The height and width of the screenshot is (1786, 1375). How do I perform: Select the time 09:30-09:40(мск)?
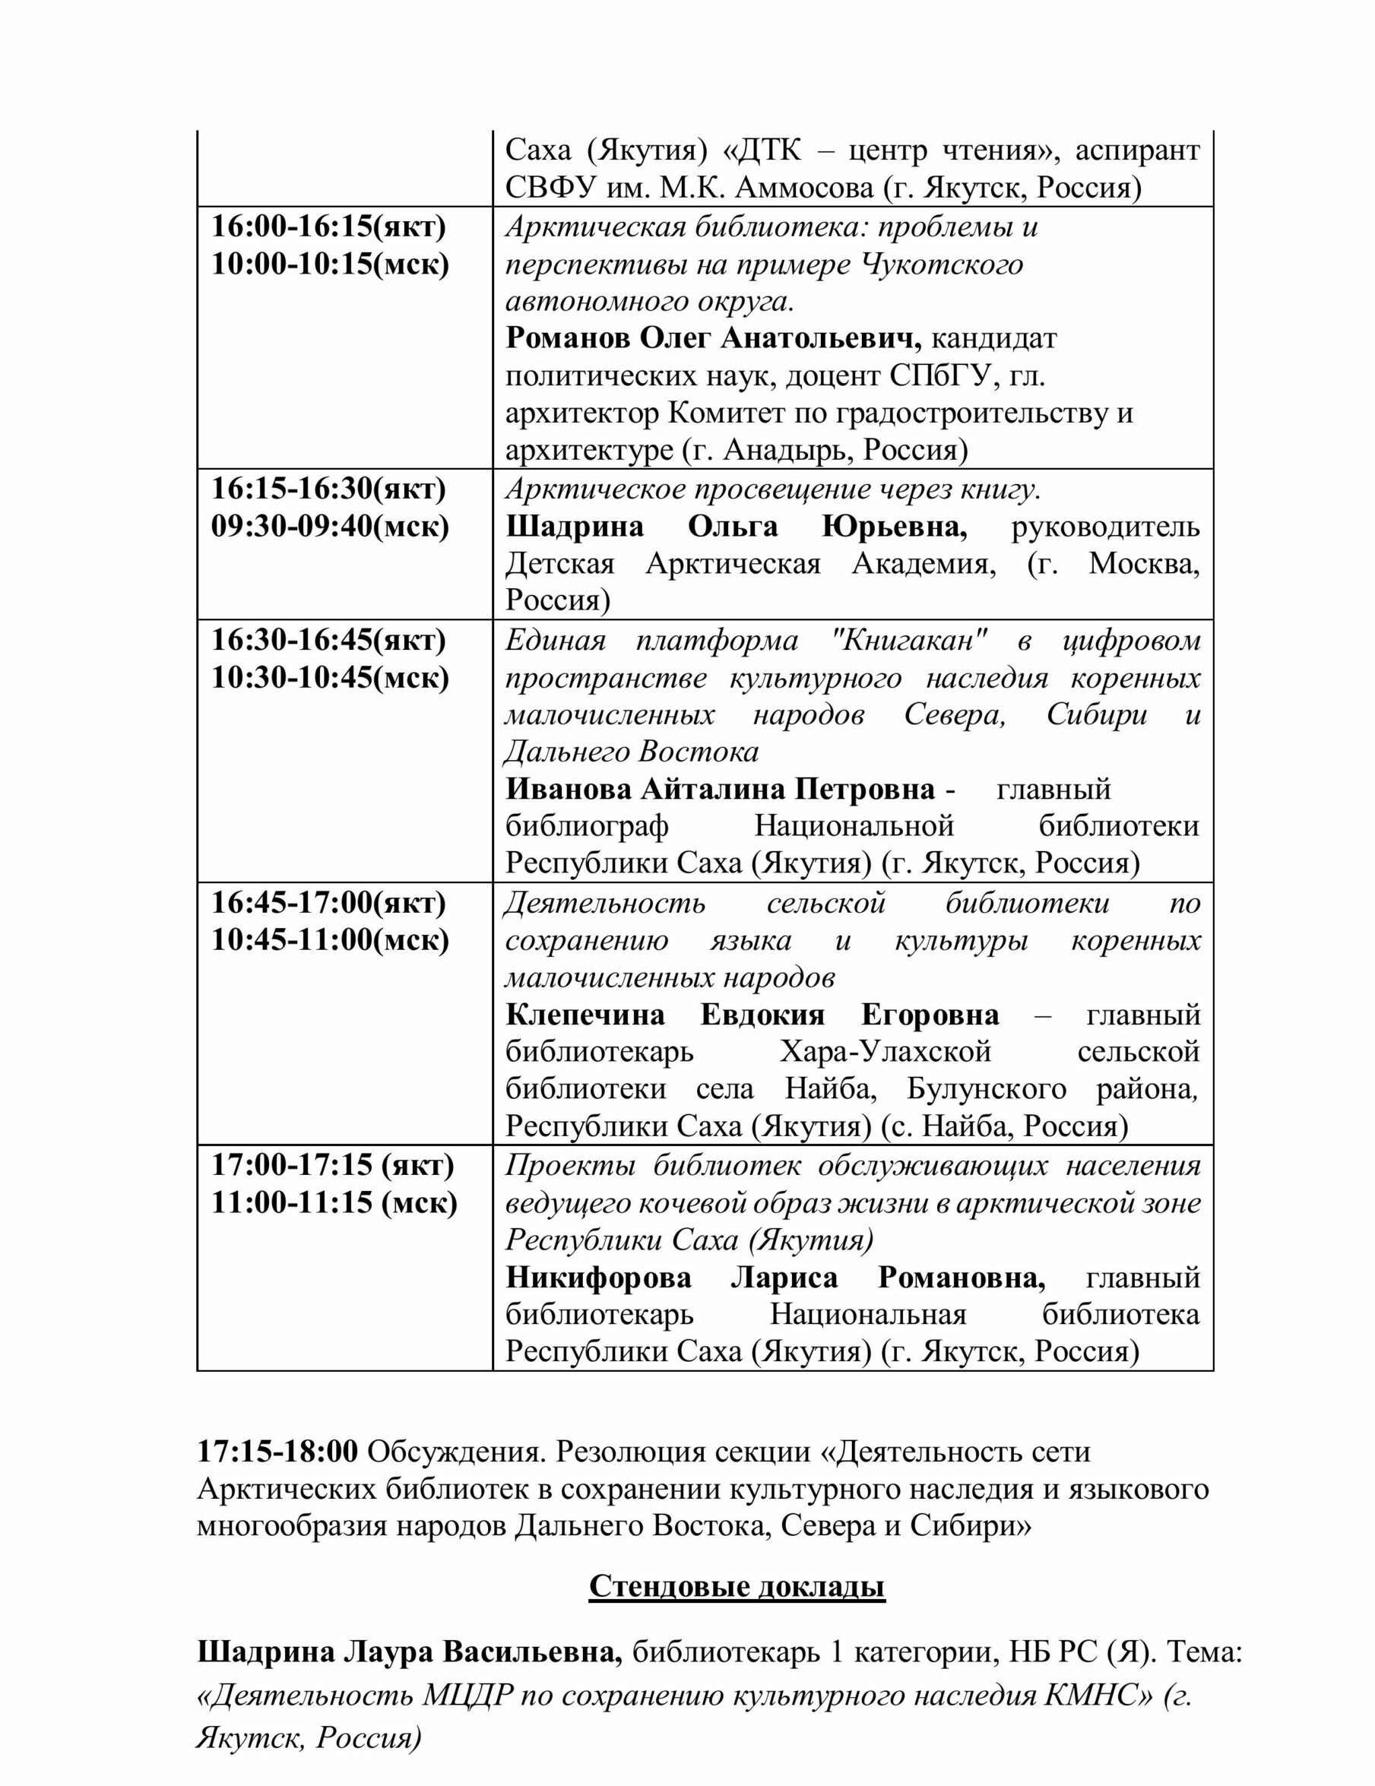331,527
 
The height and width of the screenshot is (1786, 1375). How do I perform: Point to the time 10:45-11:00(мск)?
331,940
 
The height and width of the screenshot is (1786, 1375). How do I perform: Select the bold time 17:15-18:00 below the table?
277,1452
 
